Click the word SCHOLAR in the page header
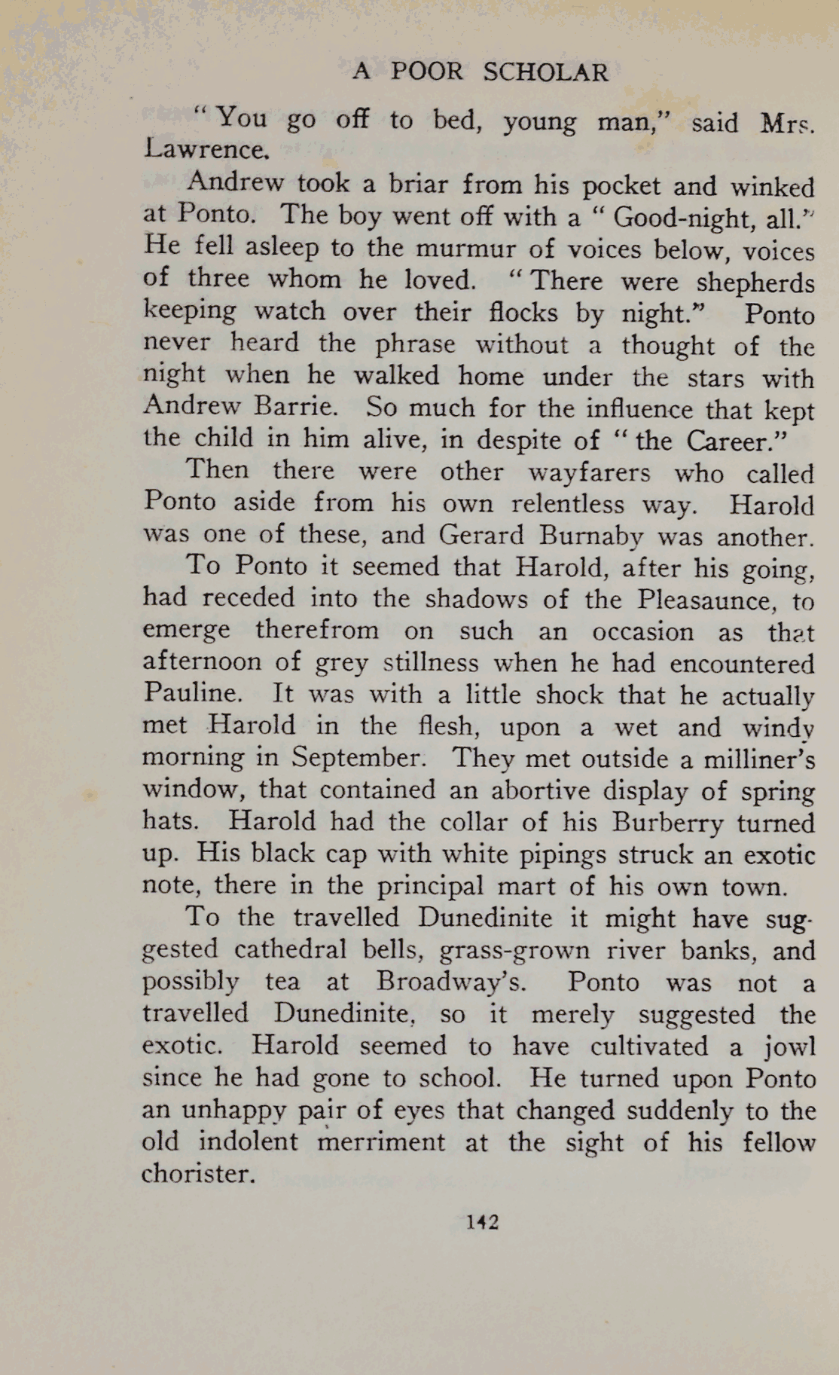545,72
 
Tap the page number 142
482,1221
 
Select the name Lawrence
205,150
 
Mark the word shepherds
755,283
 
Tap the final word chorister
197,1174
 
